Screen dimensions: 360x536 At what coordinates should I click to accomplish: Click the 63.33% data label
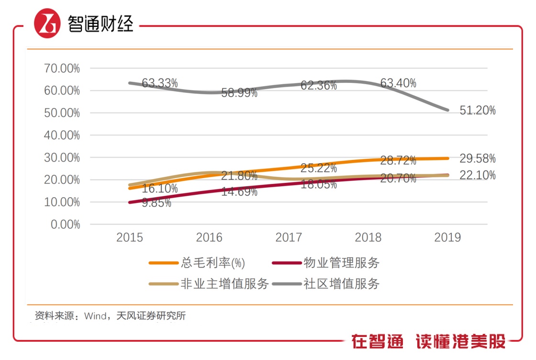tap(160, 83)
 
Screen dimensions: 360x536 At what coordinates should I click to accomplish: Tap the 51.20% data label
tap(478, 111)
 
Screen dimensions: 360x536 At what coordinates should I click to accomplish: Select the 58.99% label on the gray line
tap(239, 93)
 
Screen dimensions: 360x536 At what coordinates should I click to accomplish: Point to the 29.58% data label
tap(478, 158)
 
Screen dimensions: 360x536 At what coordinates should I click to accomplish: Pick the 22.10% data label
tap(478, 176)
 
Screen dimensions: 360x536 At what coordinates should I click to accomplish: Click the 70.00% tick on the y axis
tap(62, 68)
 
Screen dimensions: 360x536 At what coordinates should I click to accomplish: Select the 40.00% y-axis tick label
tap(62, 135)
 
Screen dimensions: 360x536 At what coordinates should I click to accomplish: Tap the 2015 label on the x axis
tap(130, 238)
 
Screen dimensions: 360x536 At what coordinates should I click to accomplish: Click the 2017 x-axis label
tap(289, 238)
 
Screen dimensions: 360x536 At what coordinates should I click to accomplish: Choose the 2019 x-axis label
tap(447, 238)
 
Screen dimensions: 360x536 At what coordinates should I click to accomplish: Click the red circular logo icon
tap(47, 23)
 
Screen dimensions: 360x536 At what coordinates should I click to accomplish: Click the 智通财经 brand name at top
tap(100, 23)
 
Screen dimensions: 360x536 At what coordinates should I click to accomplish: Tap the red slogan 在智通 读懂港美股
tap(428, 342)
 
